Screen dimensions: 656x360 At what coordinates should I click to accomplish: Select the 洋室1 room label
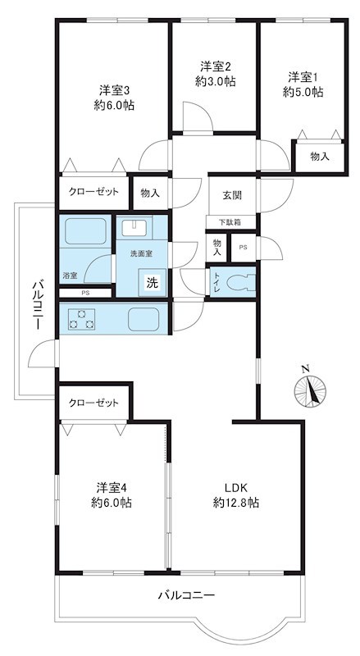click(x=304, y=84)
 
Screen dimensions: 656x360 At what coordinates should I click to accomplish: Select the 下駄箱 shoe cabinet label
click(x=229, y=222)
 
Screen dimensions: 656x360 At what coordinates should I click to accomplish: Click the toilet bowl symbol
click(x=239, y=285)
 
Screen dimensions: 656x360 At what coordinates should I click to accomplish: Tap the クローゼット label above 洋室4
click(x=93, y=403)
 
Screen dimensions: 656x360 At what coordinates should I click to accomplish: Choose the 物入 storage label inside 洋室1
click(x=319, y=156)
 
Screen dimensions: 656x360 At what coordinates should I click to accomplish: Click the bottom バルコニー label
click(x=186, y=594)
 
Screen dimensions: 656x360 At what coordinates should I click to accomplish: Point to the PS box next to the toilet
click(x=243, y=247)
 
